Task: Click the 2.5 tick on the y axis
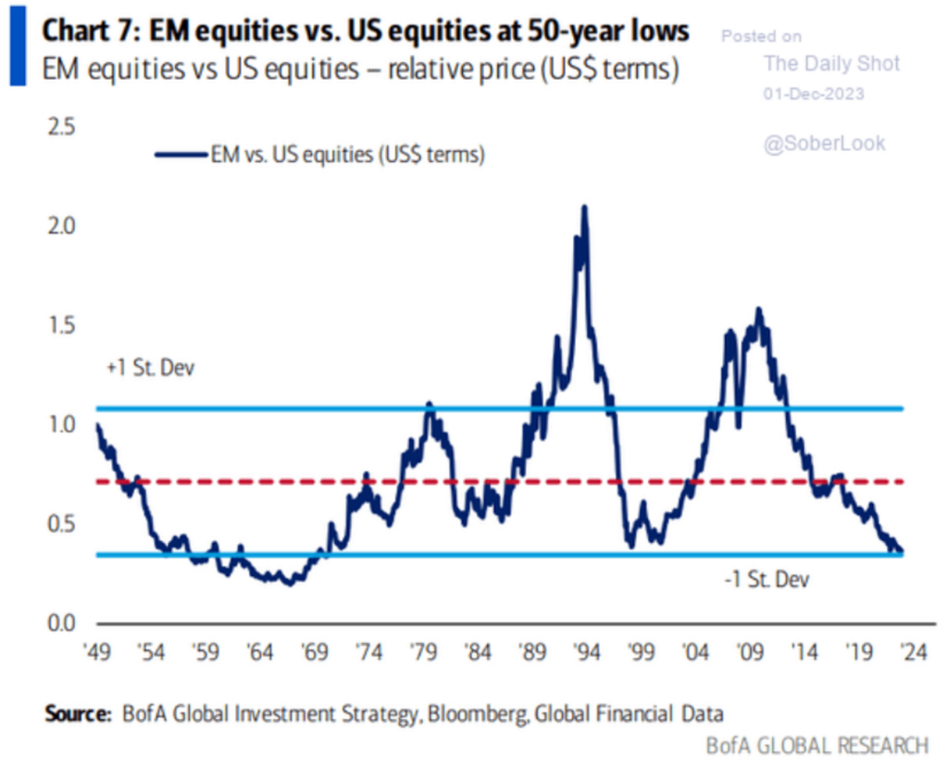[x=63, y=127]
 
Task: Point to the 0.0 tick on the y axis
[x=63, y=622]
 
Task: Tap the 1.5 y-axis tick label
[x=63, y=325]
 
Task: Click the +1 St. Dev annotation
[x=152, y=369]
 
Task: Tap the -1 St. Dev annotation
[x=766, y=581]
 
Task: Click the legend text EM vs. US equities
[x=346, y=155]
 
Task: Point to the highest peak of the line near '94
[x=583, y=207]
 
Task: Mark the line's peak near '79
[x=429, y=403]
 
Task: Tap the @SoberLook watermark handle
[x=824, y=143]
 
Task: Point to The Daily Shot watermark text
[x=831, y=64]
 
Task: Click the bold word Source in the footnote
[x=73, y=714]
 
